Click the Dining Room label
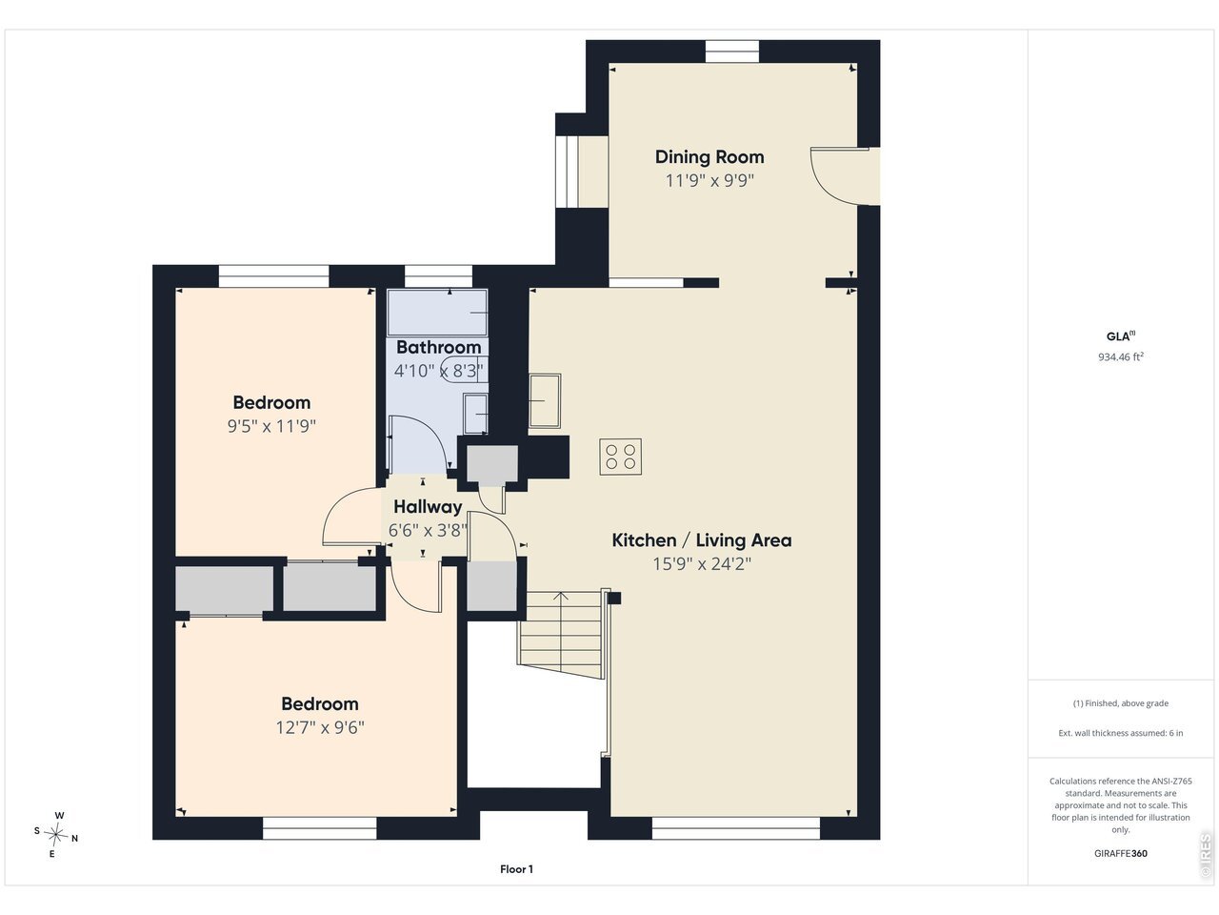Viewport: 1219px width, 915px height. point(709,157)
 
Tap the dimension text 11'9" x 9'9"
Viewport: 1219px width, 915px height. point(709,180)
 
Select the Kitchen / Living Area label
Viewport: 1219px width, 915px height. point(702,540)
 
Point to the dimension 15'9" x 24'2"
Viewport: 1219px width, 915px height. point(702,564)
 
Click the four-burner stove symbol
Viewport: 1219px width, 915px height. point(620,457)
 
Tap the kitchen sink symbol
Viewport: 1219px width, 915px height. point(545,400)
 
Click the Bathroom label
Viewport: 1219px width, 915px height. point(438,347)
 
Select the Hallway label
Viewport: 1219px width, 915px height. point(428,507)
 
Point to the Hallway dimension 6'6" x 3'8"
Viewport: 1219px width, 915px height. point(428,531)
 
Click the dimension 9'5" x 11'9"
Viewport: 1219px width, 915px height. point(271,426)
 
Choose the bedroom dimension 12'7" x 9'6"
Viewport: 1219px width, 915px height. point(320,727)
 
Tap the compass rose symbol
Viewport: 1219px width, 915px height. point(55,834)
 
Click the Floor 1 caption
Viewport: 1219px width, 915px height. point(516,869)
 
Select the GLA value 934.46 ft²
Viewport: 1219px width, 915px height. point(1121,356)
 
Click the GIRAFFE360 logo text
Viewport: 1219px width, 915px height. point(1121,853)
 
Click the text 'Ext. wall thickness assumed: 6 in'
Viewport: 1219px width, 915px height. point(1121,733)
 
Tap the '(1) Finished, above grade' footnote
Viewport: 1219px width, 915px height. point(1121,703)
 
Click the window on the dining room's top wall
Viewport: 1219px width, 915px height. point(732,51)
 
